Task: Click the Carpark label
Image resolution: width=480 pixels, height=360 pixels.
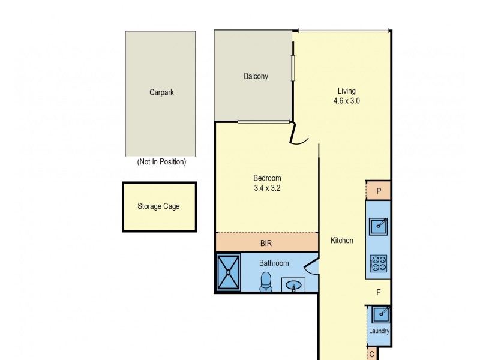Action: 161,92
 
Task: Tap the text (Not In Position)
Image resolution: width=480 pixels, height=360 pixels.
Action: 161,162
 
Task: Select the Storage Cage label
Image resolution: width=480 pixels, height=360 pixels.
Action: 158,206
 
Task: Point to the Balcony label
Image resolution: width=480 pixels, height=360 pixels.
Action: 256,76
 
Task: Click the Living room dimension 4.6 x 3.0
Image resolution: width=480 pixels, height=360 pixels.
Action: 347,101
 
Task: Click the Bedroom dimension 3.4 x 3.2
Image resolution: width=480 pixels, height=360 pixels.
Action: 267,188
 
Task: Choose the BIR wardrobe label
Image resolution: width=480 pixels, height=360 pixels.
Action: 266,244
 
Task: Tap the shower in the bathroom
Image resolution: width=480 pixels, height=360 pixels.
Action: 228,272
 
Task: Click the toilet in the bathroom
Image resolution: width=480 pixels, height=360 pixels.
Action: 266,281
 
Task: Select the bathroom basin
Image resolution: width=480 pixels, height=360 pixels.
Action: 293,285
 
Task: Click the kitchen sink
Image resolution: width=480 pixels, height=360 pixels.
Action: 379,226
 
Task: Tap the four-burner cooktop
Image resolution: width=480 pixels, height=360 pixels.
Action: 379,262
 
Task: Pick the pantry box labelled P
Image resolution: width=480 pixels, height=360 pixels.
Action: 379,191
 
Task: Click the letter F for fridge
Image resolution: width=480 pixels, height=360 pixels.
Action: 378,293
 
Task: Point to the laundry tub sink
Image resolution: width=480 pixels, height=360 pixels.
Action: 379,314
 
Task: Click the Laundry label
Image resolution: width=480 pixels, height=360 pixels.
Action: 379,331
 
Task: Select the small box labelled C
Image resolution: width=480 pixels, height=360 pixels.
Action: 372,355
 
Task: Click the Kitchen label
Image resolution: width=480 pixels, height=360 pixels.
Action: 342,241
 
